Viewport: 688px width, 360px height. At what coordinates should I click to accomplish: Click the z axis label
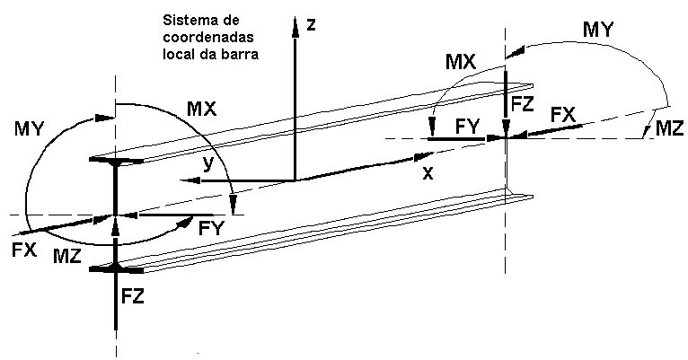click(x=311, y=24)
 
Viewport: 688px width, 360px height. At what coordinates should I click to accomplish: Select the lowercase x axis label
click(x=428, y=173)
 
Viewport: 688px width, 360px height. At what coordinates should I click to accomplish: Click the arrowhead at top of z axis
click(x=295, y=25)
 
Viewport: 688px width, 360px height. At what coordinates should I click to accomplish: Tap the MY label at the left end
click(x=29, y=129)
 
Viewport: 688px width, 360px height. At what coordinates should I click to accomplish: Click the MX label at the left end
click(x=202, y=109)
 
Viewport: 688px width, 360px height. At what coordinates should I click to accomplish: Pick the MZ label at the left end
click(x=67, y=257)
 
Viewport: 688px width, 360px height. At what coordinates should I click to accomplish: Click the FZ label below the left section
click(x=133, y=297)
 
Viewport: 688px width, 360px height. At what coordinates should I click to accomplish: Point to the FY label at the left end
click(x=211, y=228)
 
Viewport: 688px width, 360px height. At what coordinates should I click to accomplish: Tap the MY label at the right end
click(x=597, y=30)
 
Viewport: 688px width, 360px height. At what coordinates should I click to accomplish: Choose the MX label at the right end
click(x=461, y=62)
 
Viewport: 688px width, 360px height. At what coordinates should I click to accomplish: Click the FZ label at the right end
click(x=522, y=105)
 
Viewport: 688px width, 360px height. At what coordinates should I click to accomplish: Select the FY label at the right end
click(x=468, y=127)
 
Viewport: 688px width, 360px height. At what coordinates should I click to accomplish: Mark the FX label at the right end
click(x=563, y=115)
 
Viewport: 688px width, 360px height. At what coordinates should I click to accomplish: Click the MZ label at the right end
click(x=669, y=128)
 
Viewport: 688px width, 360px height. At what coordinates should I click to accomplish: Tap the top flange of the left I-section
click(x=116, y=161)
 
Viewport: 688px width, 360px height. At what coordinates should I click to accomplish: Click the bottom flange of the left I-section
click(x=116, y=268)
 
